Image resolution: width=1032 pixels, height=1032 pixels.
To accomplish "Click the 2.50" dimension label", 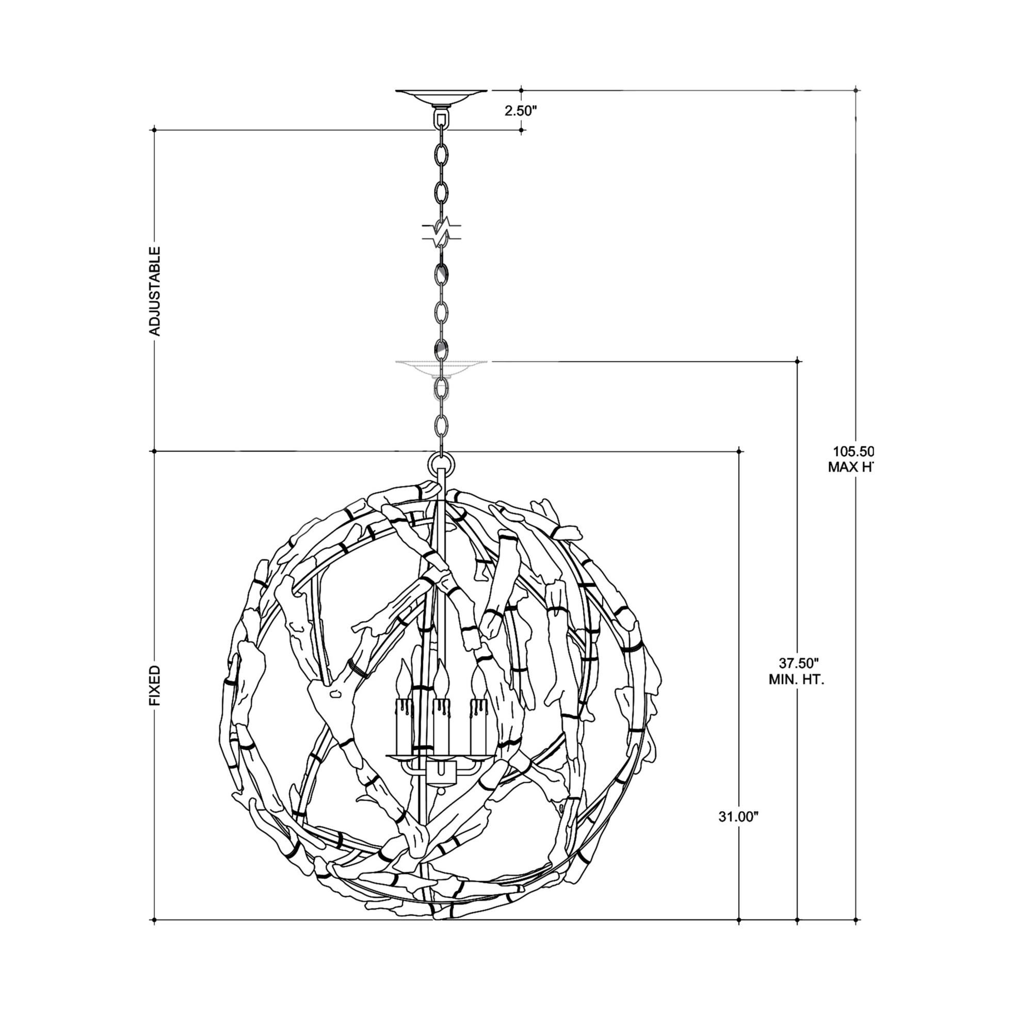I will pos(520,111).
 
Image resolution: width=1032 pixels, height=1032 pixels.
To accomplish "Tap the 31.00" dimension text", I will pos(738,832).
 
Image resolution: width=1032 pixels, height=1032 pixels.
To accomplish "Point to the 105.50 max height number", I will pos(853,451).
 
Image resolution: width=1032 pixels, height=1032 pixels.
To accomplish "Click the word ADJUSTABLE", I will pos(154,291).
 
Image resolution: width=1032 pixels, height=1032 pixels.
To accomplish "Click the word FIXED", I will pos(154,686).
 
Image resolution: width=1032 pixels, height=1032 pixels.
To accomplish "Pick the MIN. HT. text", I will pos(796,680).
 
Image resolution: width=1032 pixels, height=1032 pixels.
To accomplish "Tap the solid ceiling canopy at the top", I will pos(441,98).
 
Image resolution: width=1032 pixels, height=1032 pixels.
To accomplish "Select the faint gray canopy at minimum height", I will pos(441,367).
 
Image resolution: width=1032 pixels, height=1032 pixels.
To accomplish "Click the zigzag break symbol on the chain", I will pos(441,232).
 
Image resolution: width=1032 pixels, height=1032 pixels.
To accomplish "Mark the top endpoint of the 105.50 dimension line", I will pos(856,90).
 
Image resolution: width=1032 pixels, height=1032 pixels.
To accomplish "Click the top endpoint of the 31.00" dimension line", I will pos(739,451).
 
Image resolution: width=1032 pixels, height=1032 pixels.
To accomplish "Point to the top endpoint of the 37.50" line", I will pos(798,362).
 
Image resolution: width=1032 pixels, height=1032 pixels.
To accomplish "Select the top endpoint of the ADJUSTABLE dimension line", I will pos(154,130).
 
